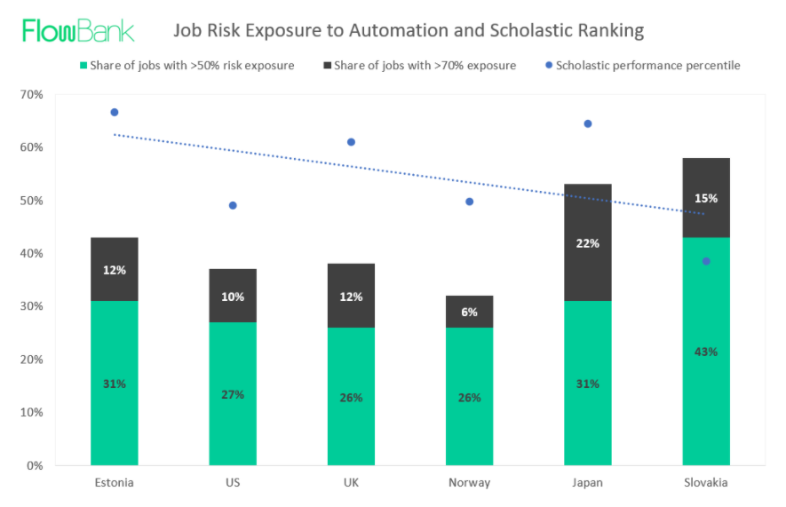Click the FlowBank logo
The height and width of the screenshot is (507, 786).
coord(78,30)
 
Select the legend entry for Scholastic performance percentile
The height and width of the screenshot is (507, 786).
coord(641,65)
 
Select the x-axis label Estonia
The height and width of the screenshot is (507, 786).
coord(115,482)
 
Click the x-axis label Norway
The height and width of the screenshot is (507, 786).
coord(469,482)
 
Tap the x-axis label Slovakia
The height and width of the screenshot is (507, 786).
coord(706,482)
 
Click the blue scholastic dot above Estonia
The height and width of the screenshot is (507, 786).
coord(115,112)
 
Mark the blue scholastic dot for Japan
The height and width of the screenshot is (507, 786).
coord(587,123)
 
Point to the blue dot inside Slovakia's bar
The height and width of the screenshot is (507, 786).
coord(706,261)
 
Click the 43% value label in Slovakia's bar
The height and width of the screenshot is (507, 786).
coord(706,352)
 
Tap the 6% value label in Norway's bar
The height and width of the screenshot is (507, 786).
coord(469,313)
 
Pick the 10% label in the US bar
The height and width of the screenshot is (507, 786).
coord(233,297)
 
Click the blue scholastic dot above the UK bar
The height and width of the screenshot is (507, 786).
coord(351,142)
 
